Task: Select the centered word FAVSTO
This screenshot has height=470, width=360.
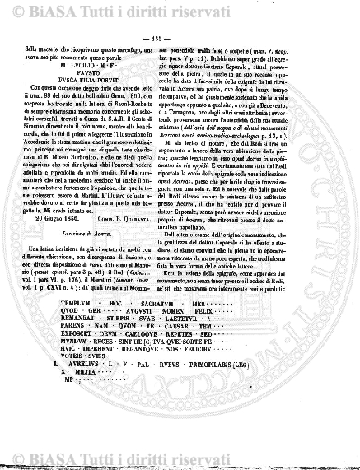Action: (96, 72)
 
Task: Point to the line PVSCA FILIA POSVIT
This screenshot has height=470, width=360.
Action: (96, 79)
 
